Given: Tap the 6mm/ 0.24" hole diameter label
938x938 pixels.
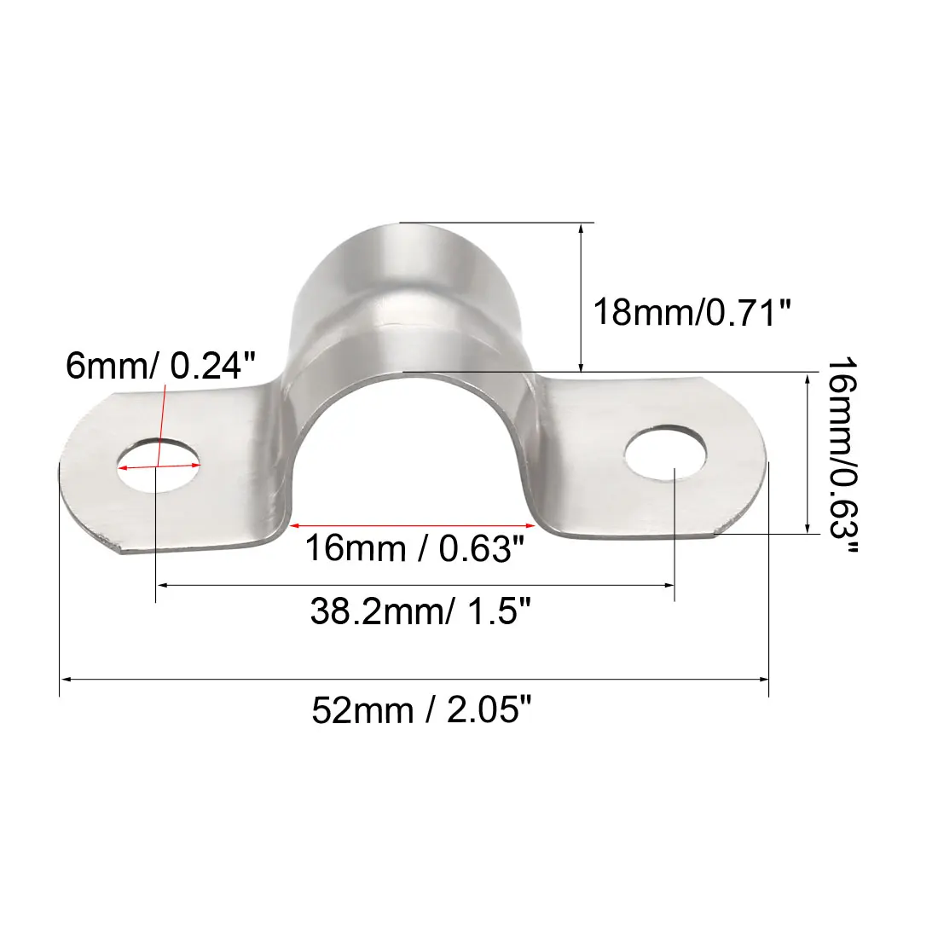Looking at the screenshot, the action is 160,365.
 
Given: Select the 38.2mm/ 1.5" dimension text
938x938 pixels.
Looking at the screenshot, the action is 420,611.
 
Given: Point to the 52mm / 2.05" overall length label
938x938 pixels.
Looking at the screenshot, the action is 421,710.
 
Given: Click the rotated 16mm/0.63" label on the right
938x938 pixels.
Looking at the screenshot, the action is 842,455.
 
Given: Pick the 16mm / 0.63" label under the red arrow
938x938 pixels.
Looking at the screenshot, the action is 414,547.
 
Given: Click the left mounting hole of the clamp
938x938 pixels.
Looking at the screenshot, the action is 159,466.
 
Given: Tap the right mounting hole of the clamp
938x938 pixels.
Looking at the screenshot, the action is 665,453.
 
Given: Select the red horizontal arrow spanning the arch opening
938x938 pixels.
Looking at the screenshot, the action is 412,526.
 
